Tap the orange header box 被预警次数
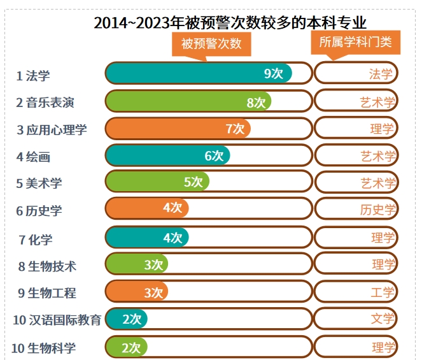[211, 44]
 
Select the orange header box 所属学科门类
[355, 43]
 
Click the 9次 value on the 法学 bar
[274, 73]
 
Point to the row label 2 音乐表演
[51, 102]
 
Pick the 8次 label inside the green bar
[256, 102]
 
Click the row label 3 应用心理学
[52, 130]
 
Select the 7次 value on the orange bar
[235, 129]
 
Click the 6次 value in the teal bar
[214, 155]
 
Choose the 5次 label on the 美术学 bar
[193, 182]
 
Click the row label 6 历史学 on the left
[39, 211]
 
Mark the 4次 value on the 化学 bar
[172, 238]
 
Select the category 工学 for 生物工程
[383, 292]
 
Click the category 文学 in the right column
[383, 319]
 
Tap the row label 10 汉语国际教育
[57, 320]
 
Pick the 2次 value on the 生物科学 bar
[131, 347]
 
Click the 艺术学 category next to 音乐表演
[378, 102]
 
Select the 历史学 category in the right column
[378, 210]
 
